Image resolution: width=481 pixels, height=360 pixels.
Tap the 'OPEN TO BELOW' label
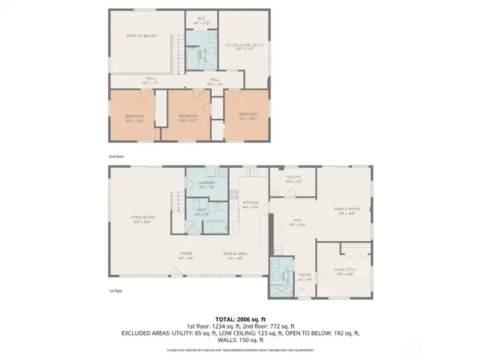[x=142, y=36]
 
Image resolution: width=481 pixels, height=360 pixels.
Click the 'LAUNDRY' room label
[x=206, y=182]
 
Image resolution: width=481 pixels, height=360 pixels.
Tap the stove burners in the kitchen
[x=234, y=195]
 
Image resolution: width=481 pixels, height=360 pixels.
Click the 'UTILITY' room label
[x=294, y=178]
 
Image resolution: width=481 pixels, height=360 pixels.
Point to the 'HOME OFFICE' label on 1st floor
[x=345, y=270]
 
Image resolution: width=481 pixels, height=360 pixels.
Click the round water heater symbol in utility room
[x=275, y=192]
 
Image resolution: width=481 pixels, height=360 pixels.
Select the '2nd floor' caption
[x=118, y=156]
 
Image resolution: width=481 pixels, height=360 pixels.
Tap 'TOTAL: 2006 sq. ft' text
[x=240, y=318]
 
